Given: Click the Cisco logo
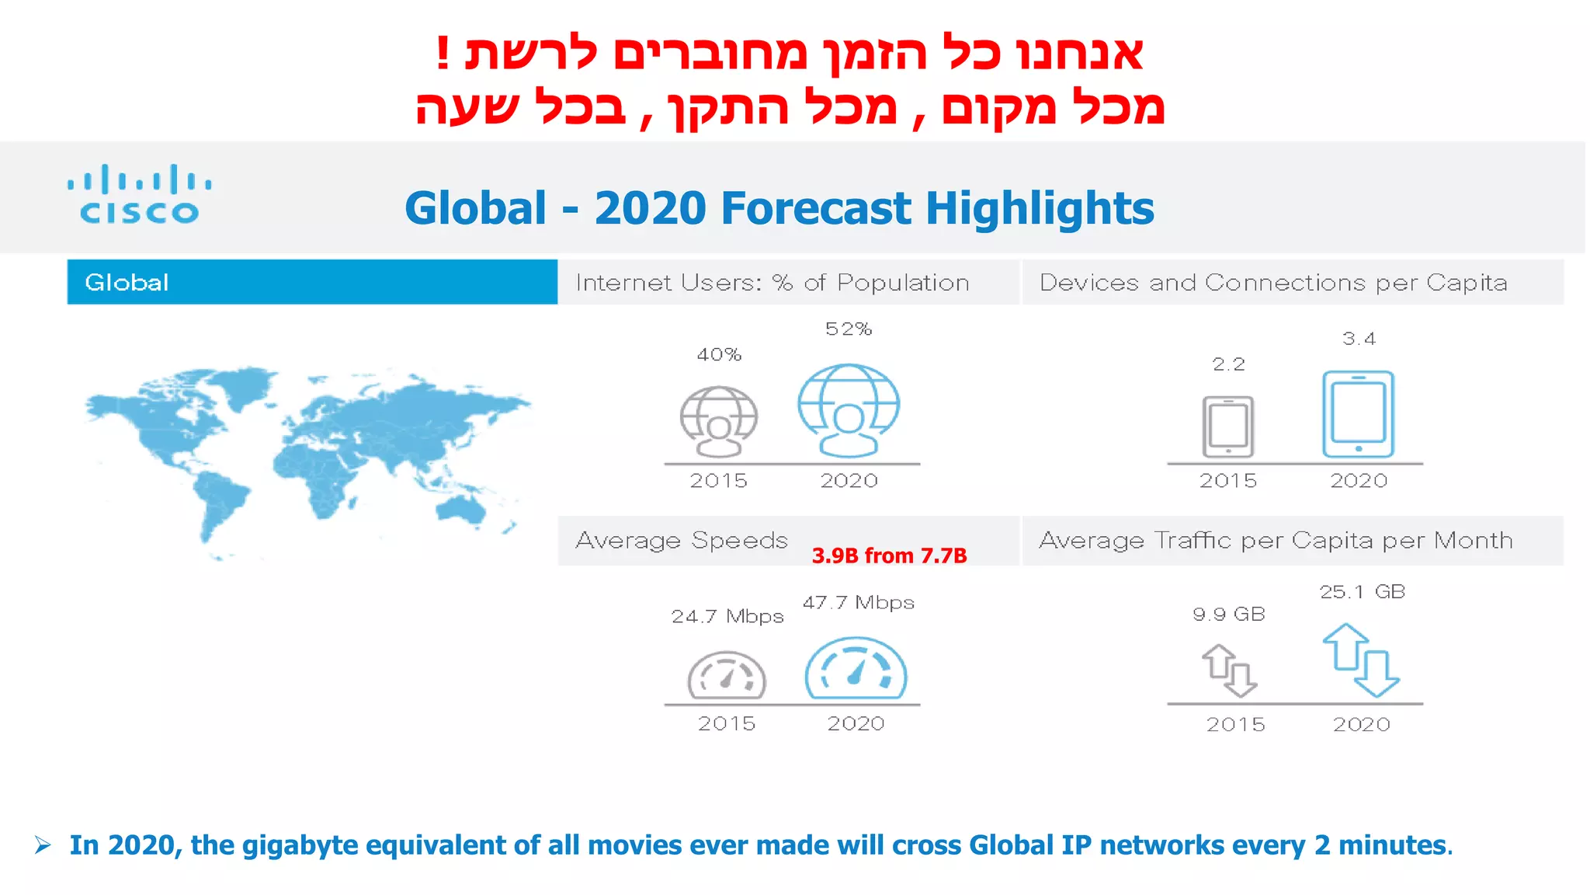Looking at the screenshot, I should click(x=140, y=194).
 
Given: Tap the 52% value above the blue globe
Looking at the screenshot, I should click(x=849, y=329).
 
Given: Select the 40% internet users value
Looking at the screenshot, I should click(x=719, y=355).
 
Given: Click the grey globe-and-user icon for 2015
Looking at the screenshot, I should click(x=719, y=422).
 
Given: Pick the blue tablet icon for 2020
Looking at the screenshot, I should click(x=1358, y=415).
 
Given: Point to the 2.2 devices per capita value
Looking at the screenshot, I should click(x=1228, y=364).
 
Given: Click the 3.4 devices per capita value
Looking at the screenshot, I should click(x=1359, y=339).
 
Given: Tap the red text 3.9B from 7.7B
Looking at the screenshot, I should click(x=889, y=555).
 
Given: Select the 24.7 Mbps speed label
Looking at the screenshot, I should click(x=727, y=616).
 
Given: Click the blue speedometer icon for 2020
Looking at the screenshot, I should click(x=856, y=668).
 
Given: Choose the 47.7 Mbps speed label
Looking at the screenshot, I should click(x=858, y=603).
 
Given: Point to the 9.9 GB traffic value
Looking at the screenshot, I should click(x=1229, y=615).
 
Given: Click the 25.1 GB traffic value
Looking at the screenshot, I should click(x=1362, y=592).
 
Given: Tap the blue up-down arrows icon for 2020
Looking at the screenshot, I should click(x=1360, y=660).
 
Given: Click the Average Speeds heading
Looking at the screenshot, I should click(x=682, y=540).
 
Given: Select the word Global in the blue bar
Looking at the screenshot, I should click(x=127, y=282).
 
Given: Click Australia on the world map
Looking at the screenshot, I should click(x=461, y=508).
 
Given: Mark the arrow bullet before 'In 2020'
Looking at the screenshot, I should click(x=43, y=845).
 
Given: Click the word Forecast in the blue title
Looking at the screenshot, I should click(x=816, y=208).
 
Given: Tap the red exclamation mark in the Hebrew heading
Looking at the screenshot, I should click(x=443, y=53).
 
